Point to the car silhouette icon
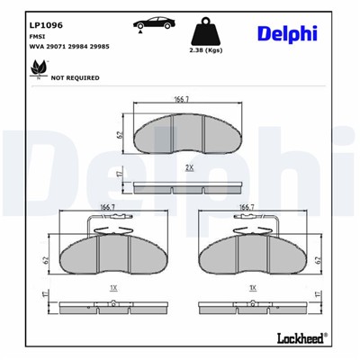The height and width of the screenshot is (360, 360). pyautogui.click(x=151, y=22)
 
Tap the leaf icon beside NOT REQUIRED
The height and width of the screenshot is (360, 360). pyautogui.click(x=38, y=68)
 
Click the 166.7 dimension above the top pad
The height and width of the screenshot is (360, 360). pyautogui.click(x=183, y=100)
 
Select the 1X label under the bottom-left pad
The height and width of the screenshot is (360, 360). pyautogui.click(x=112, y=288)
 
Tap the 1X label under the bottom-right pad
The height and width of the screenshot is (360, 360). pyautogui.click(x=253, y=288)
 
